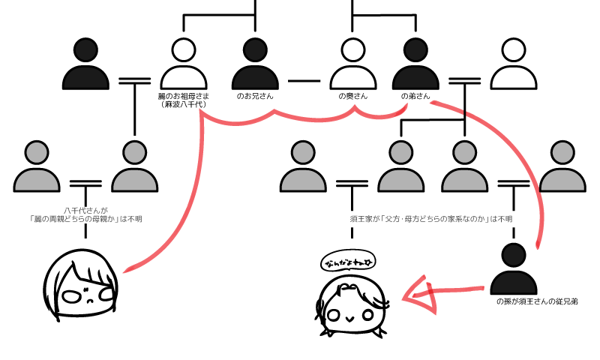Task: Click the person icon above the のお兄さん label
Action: click(x=256, y=65)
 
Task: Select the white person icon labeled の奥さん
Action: click(x=352, y=65)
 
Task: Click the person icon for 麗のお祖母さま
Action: click(x=182, y=65)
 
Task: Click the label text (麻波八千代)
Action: click(x=182, y=105)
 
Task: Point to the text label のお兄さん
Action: click(x=256, y=96)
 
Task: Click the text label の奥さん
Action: click(x=352, y=96)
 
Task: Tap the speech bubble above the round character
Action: click(x=349, y=262)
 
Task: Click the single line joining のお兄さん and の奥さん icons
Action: click(x=304, y=79)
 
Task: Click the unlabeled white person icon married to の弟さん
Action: click(x=513, y=65)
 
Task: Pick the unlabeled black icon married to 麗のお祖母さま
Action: click(x=85, y=65)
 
